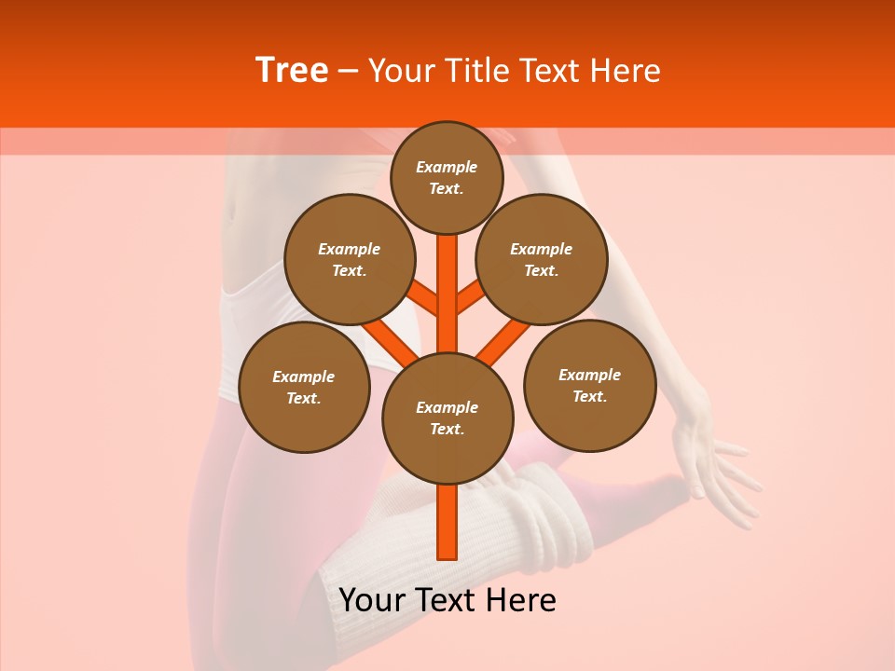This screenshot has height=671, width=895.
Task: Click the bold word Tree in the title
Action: click(292, 70)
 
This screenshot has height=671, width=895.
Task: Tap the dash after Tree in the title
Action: click(348, 71)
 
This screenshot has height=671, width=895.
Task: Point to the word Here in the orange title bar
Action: click(627, 70)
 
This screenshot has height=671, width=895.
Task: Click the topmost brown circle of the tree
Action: click(447, 177)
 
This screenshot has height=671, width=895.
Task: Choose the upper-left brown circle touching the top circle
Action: click(349, 259)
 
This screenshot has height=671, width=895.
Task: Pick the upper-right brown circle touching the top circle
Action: click(542, 259)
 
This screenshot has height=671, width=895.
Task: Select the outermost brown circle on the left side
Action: click(304, 387)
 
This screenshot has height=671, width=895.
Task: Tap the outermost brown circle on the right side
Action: click(590, 385)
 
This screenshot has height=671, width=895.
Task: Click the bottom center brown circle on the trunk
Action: click(447, 418)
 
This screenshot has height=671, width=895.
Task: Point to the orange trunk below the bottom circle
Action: click(447, 522)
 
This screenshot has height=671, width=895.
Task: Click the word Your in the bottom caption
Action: click(370, 599)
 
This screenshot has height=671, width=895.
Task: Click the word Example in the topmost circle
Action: click(447, 167)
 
